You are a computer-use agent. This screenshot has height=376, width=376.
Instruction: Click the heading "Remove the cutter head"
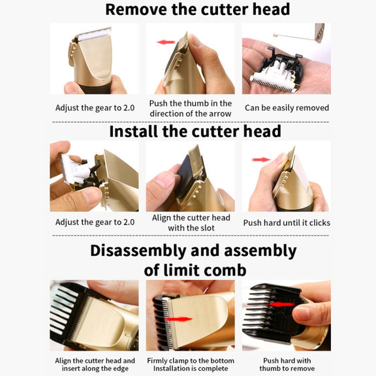pyautogui.click(x=198, y=9)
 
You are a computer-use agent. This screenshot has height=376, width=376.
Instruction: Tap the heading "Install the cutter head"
pyautogui.click(x=195, y=131)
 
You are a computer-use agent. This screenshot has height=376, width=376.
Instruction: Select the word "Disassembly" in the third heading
pyautogui.click(x=138, y=251)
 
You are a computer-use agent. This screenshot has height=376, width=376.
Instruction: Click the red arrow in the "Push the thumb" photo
pyautogui.click(x=166, y=42)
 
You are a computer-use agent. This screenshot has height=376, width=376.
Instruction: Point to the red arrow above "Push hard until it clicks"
pyautogui.click(x=261, y=160)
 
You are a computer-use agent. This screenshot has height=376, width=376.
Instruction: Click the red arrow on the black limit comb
pyautogui.click(x=281, y=305)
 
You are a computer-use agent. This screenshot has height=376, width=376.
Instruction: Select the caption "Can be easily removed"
pyautogui.click(x=287, y=108)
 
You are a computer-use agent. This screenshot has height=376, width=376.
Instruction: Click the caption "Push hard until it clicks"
pyautogui.click(x=287, y=223)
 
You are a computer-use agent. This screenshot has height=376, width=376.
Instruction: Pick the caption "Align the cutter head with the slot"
pyautogui.click(x=191, y=223)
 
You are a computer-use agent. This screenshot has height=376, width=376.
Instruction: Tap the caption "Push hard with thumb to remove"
pyautogui.click(x=287, y=364)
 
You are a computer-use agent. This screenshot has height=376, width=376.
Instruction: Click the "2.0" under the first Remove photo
pyautogui.click(x=129, y=108)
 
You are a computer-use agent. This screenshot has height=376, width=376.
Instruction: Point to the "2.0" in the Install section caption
pyautogui.click(x=129, y=223)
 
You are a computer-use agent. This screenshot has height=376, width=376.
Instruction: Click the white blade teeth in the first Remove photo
pyautogui.click(x=95, y=34)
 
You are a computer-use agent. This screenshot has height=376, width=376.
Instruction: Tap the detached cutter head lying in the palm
pyautogui.click(x=275, y=72)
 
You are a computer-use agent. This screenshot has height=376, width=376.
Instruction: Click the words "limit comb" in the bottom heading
pyautogui.click(x=205, y=270)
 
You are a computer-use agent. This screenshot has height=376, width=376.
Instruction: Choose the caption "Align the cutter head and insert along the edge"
pyautogui.click(x=95, y=364)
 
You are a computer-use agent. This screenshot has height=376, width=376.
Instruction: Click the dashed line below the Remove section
pyautogui.click(x=191, y=122)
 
